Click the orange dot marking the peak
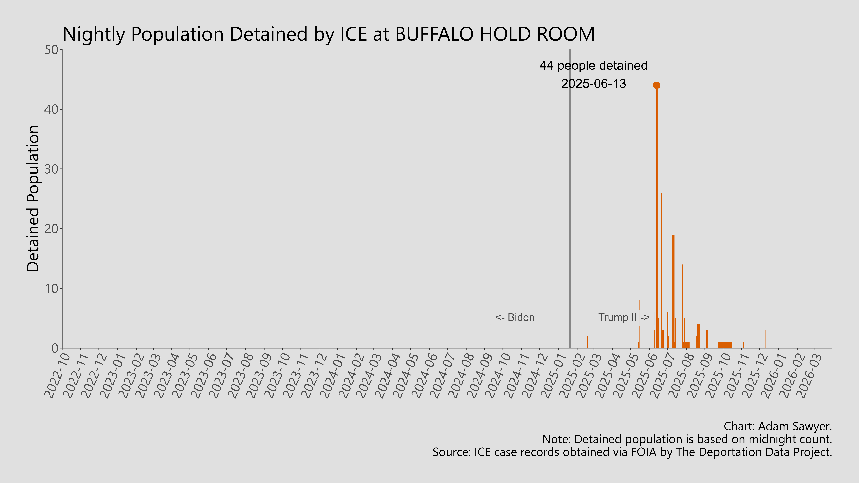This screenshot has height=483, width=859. tap(656, 85)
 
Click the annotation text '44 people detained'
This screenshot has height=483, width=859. tap(593, 66)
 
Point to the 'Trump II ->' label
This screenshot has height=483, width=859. tap(624, 317)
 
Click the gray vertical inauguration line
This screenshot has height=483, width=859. tap(570, 200)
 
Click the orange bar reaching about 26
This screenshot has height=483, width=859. tap(661, 270)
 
